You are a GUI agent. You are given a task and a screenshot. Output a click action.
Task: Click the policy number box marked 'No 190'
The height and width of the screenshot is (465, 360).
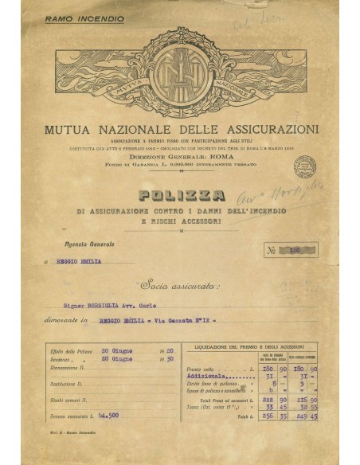[294, 249]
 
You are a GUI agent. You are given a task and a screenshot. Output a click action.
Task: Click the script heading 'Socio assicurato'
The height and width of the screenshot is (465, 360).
[179, 284]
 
